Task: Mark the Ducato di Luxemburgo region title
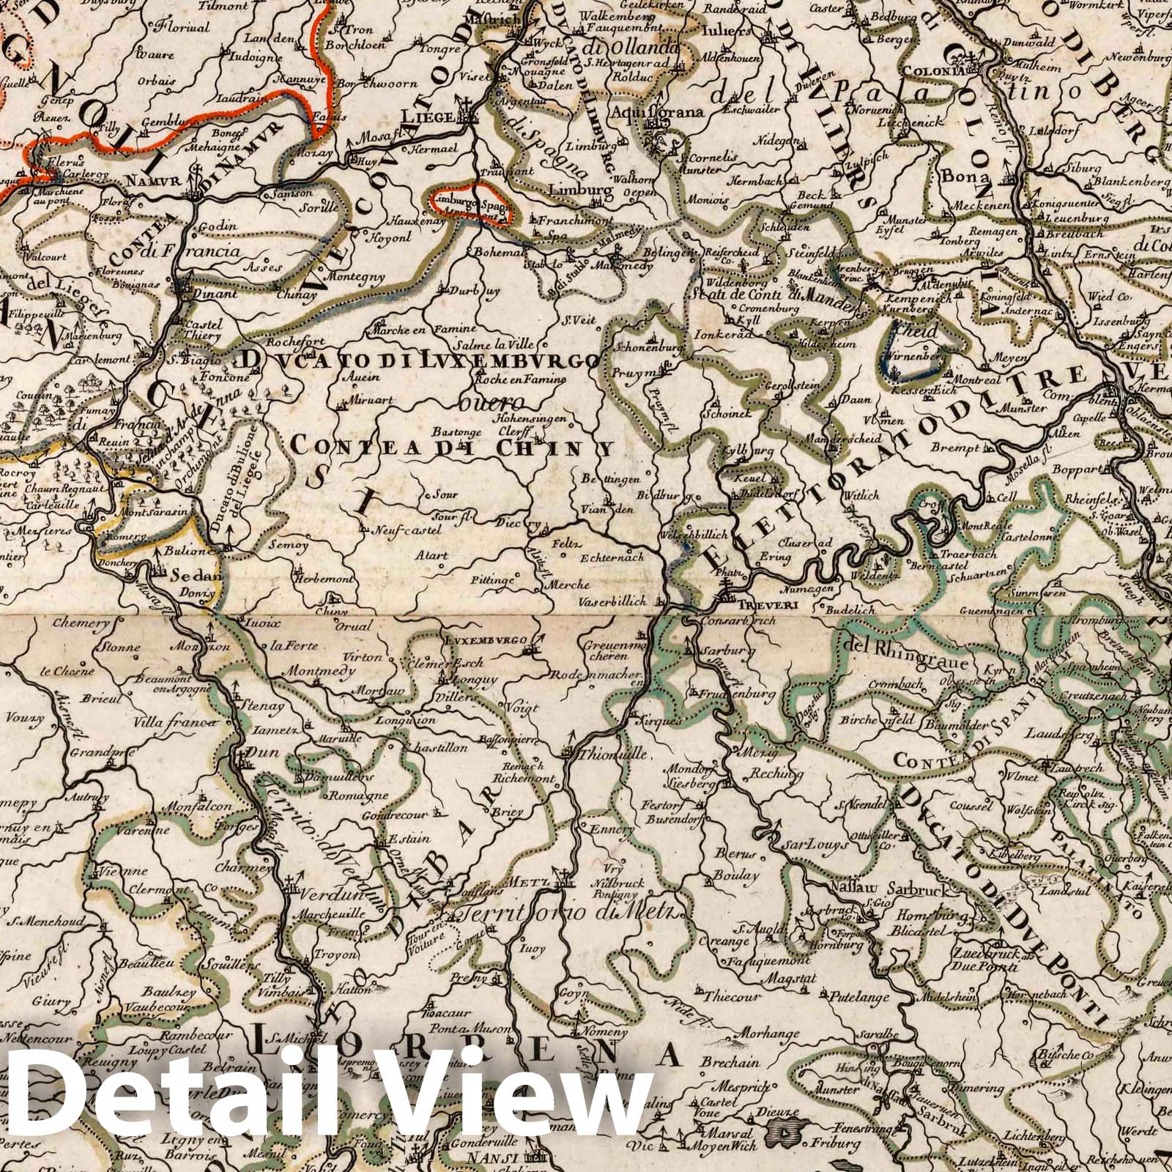[418, 360]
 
